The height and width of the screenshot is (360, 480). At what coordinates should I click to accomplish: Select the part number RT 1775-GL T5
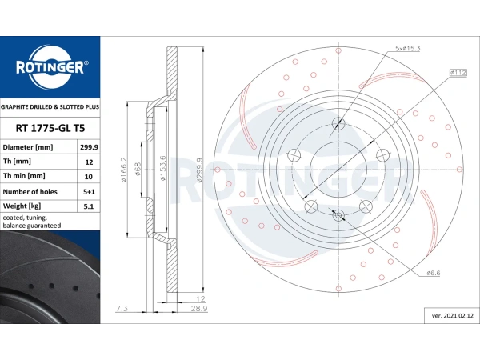[50, 128]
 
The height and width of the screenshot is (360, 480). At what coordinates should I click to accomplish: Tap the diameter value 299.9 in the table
[89, 147]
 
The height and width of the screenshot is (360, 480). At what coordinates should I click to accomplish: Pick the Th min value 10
[89, 177]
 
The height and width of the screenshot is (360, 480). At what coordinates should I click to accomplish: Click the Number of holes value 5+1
[89, 192]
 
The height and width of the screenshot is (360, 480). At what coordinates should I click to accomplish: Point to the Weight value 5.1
[89, 206]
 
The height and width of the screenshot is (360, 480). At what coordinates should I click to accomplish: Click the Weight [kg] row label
[22, 206]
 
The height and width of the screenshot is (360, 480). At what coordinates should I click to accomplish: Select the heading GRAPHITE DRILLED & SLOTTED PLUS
[50, 107]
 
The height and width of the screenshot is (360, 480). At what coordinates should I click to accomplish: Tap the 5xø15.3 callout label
[407, 48]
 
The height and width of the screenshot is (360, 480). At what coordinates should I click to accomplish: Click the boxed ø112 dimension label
[458, 73]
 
